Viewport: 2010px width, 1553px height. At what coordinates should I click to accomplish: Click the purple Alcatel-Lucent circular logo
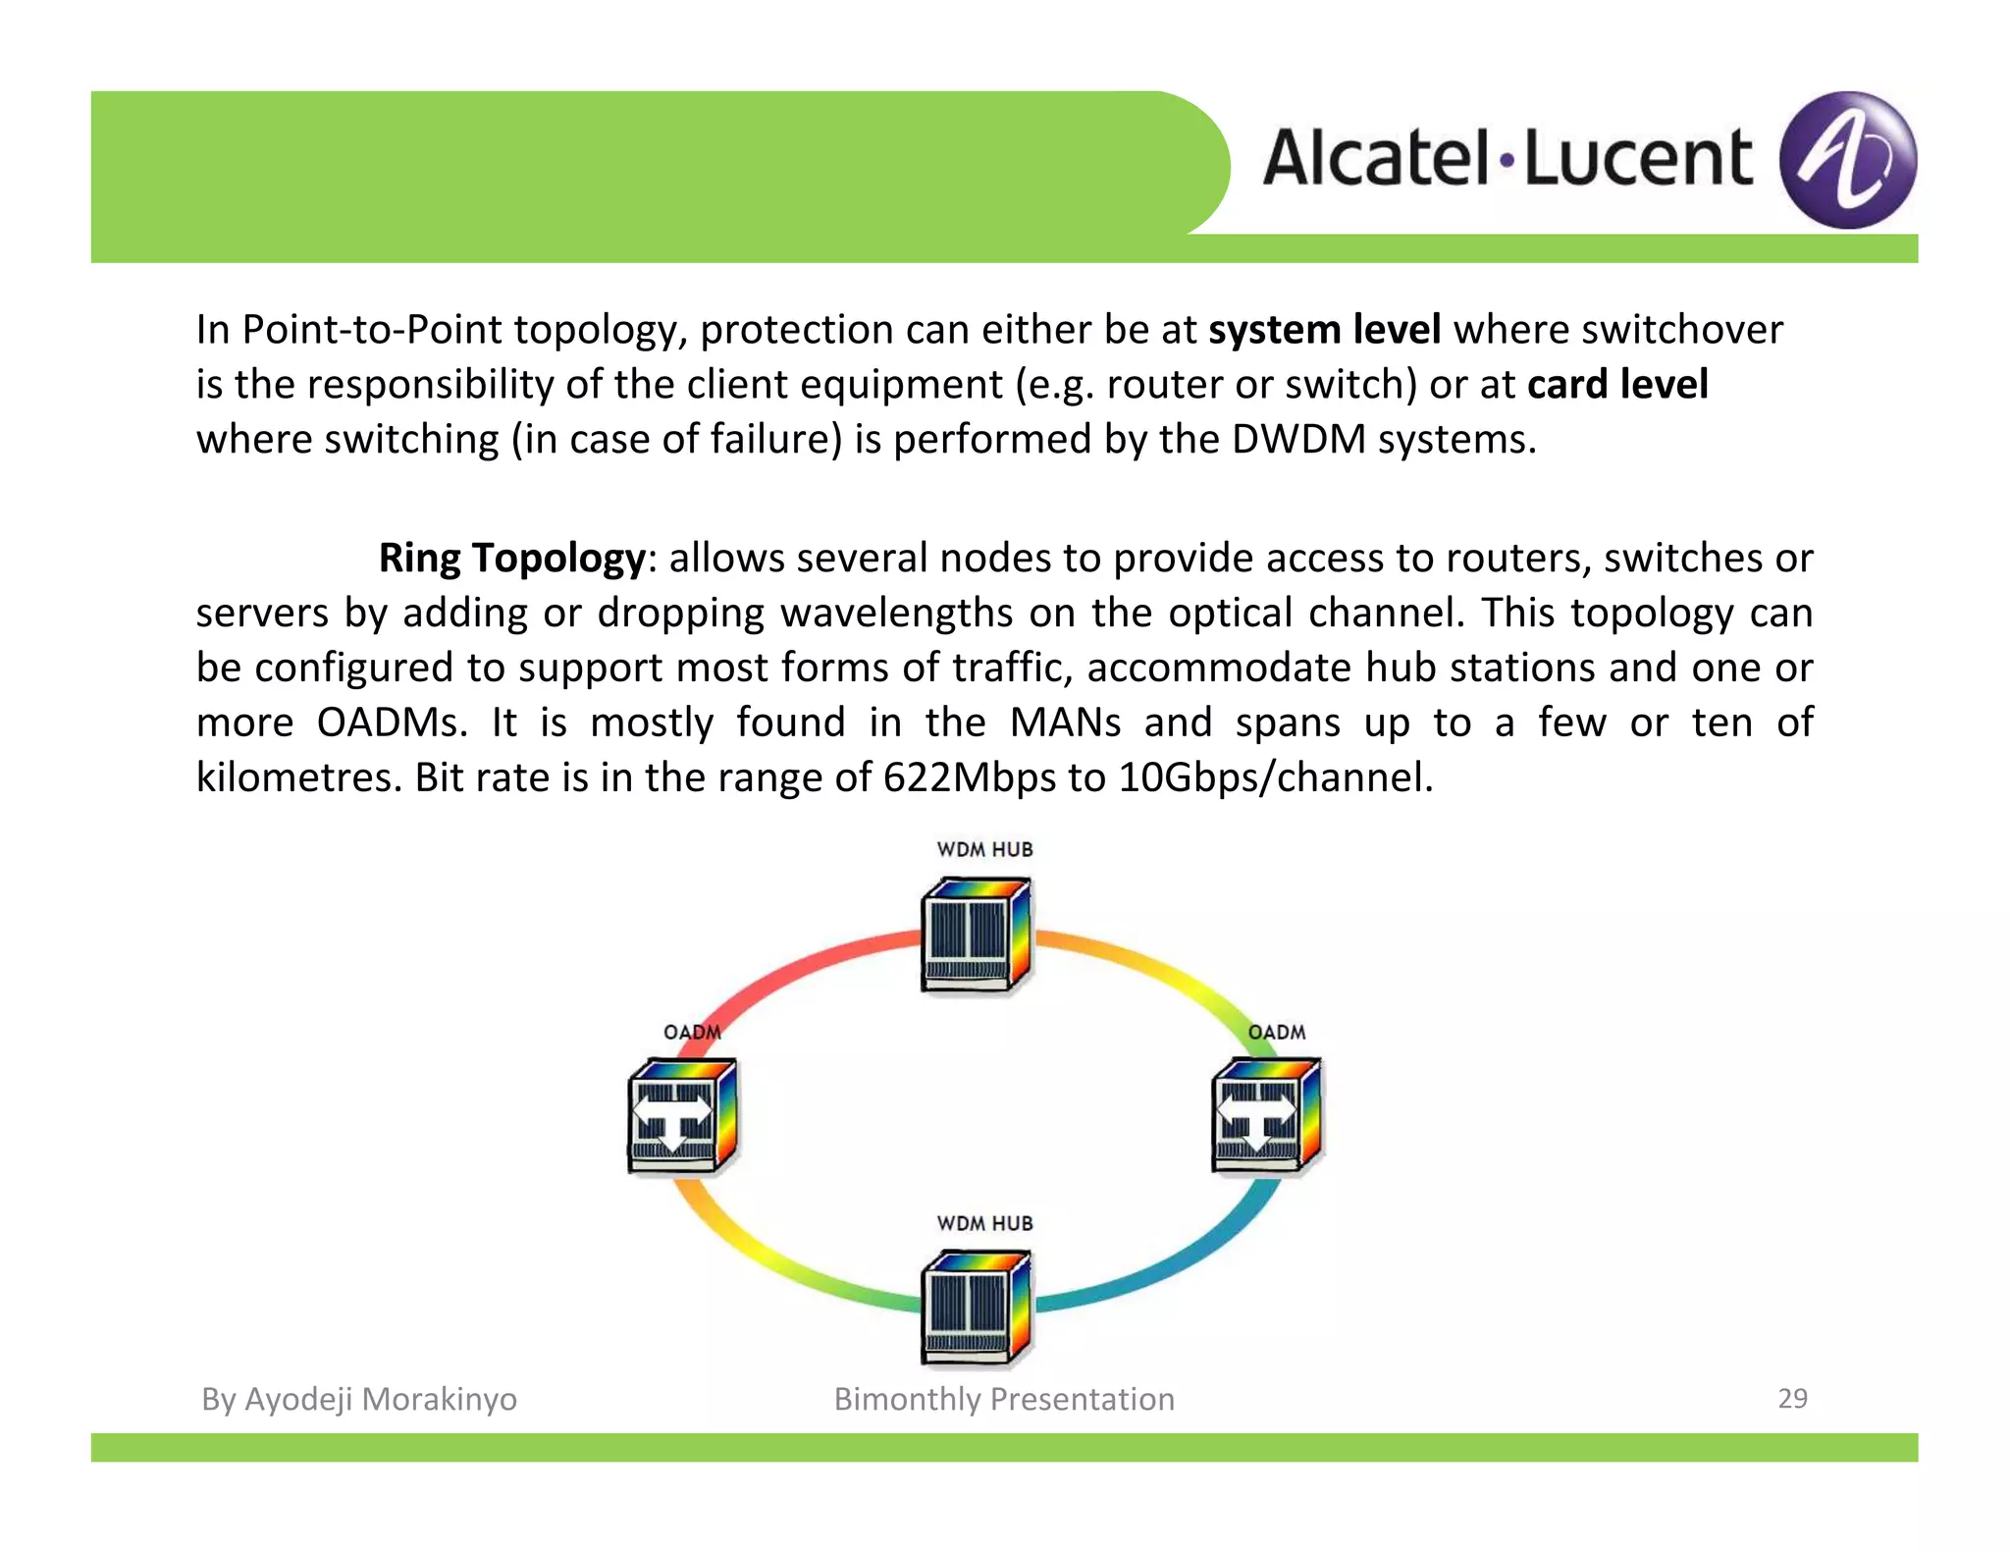click(1847, 160)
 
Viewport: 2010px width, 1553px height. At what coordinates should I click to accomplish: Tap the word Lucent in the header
click(1637, 159)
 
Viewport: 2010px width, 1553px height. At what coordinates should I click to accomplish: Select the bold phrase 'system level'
click(1324, 330)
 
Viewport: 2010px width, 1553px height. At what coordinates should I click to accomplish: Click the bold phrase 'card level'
click(1617, 385)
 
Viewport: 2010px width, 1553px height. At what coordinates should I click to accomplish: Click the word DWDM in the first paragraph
click(1298, 440)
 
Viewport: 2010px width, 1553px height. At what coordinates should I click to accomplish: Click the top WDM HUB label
click(984, 849)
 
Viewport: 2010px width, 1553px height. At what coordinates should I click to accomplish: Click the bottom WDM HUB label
click(984, 1223)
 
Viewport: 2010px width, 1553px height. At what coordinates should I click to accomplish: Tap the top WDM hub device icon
click(975, 936)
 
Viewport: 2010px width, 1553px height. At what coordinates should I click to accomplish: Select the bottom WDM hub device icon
click(975, 1308)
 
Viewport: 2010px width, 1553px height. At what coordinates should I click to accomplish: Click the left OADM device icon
click(681, 1116)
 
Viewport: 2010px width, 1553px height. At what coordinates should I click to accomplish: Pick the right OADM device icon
click(1266, 1116)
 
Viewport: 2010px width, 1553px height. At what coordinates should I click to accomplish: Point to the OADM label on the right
click(1276, 1033)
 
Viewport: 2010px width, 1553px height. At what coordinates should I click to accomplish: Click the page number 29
click(1792, 1398)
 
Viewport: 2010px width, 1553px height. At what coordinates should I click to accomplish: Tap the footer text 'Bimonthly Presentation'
click(1003, 1399)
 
